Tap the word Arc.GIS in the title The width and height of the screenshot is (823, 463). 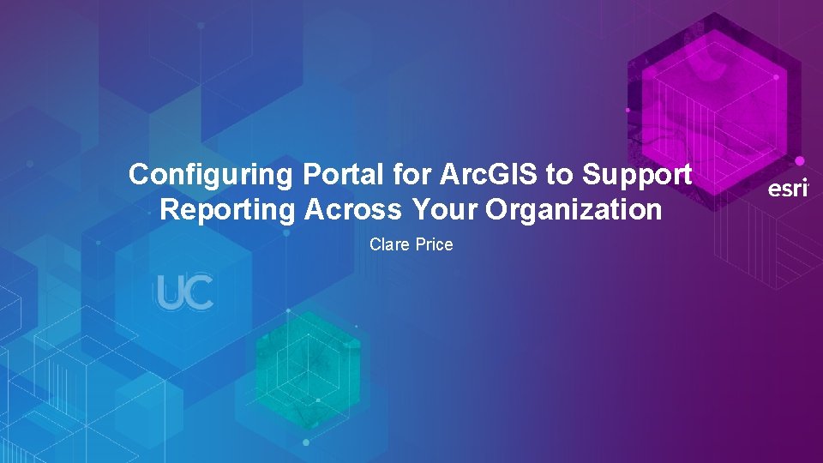point(483,175)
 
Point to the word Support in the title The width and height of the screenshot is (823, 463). point(636,175)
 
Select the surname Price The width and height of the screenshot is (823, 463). point(434,244)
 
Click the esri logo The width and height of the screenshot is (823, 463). point(787,189)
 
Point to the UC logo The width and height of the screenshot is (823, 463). point(184,293)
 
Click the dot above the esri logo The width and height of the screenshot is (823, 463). point(800,160)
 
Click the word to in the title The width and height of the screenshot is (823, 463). point(559,175)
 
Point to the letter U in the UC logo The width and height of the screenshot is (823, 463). point(170,293)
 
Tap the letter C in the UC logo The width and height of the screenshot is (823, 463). point(199,293)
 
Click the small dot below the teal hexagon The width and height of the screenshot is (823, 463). point(306,442)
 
